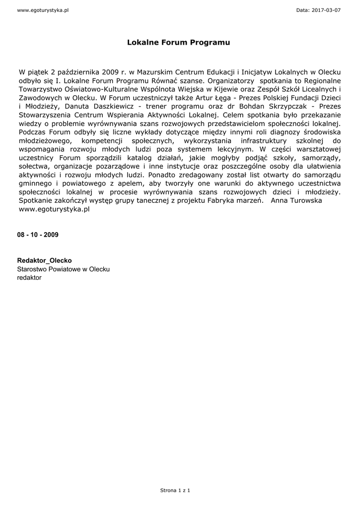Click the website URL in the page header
42,10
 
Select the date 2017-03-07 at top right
325,10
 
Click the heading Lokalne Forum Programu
179,43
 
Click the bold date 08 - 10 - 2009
38,235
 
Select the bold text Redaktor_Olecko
44,260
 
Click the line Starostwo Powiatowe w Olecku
64,269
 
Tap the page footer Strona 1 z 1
175,490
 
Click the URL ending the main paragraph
54,209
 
